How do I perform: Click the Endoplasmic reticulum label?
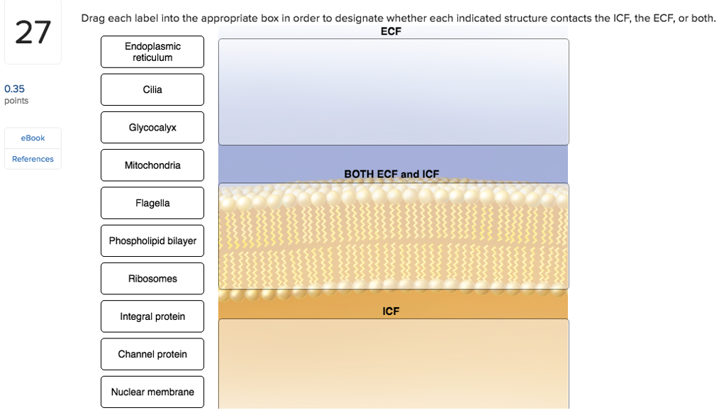pyautogui.click(x=152, y=52)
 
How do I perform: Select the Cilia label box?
pyautogui.click(x=152, y=89)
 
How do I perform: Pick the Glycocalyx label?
pyautogui.click(x=152, y=128)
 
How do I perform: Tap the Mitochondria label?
pyautogui.click(x=152, y=165)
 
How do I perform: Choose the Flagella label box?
pyautogui.click(x=152, y=203)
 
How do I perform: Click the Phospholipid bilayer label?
pyautogui.click(x=152, y=241)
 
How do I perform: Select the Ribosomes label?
pyautogui.click(x=152, y=279)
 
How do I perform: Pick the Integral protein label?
pyautogui.click(x=152, y=316)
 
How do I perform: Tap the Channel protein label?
pyautogui.click(x=152, y=354)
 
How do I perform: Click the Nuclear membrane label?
pyautogui.click(x=152, y=392)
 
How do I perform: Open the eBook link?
pyautogui.click(x=33, y=138)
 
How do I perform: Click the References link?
pyautogui.click(x=33, y=159)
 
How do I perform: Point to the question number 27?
pyautogui.click(x=33, y=33)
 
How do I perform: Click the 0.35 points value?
pyautogui.click(x=14, y=89)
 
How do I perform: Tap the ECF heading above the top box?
pyautogui.click(x=391, y=31)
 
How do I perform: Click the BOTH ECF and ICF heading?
pyautogui.click(x=391, y=174)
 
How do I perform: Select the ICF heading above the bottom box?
pyautogui.click(x=391, y=311)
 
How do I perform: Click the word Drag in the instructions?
pyautogui.click(x=93, y=18)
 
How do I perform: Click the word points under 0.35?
pyautogui.click(x=16, y=101)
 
